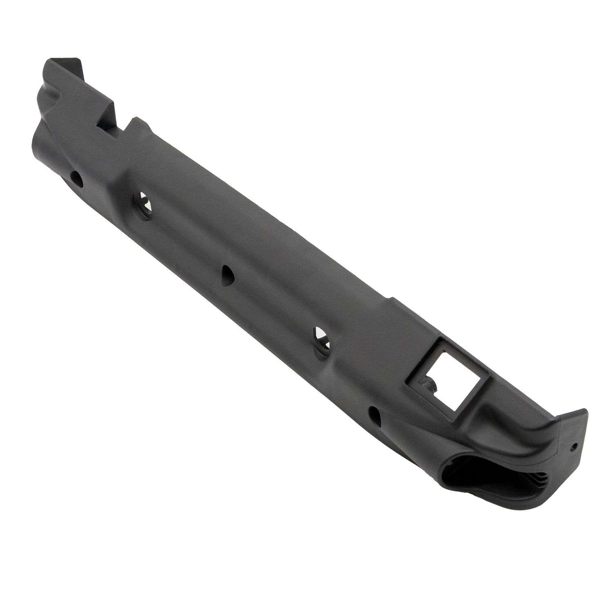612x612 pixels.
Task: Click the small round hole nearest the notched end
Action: pos(77,178)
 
